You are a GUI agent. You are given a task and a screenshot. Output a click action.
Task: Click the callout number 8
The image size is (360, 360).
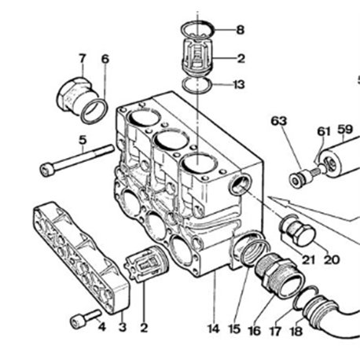[x=240, y=30]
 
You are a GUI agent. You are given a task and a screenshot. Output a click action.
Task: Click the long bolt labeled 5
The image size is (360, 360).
[x=77, y=160]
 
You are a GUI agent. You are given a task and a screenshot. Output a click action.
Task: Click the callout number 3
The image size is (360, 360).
[x=123, y=328]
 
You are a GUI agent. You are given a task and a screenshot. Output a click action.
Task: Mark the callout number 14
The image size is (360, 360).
[x=213, y=329]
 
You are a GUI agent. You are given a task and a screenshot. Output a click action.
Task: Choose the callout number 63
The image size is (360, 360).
[x=279, y=121]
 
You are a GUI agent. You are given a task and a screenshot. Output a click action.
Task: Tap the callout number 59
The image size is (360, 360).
[x=345, y=129]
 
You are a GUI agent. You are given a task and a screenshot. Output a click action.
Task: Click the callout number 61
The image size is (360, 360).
[x=324, y=131]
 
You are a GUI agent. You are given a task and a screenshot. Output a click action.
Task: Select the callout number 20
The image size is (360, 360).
[x=332, y=259]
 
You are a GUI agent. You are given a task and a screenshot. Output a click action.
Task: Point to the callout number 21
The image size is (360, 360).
[x=308, y=259]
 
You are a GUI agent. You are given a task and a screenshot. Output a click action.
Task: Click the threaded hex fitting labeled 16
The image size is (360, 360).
[x=279, y=275]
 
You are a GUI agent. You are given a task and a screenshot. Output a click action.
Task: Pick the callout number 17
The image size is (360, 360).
[x=275, y=331]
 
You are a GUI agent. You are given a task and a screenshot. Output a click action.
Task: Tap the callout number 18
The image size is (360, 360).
[x=296, y=331]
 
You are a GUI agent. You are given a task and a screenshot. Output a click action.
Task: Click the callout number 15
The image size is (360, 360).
[x=234, y=329]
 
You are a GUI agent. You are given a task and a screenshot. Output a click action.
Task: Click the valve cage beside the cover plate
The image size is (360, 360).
[x=146, y=264]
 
